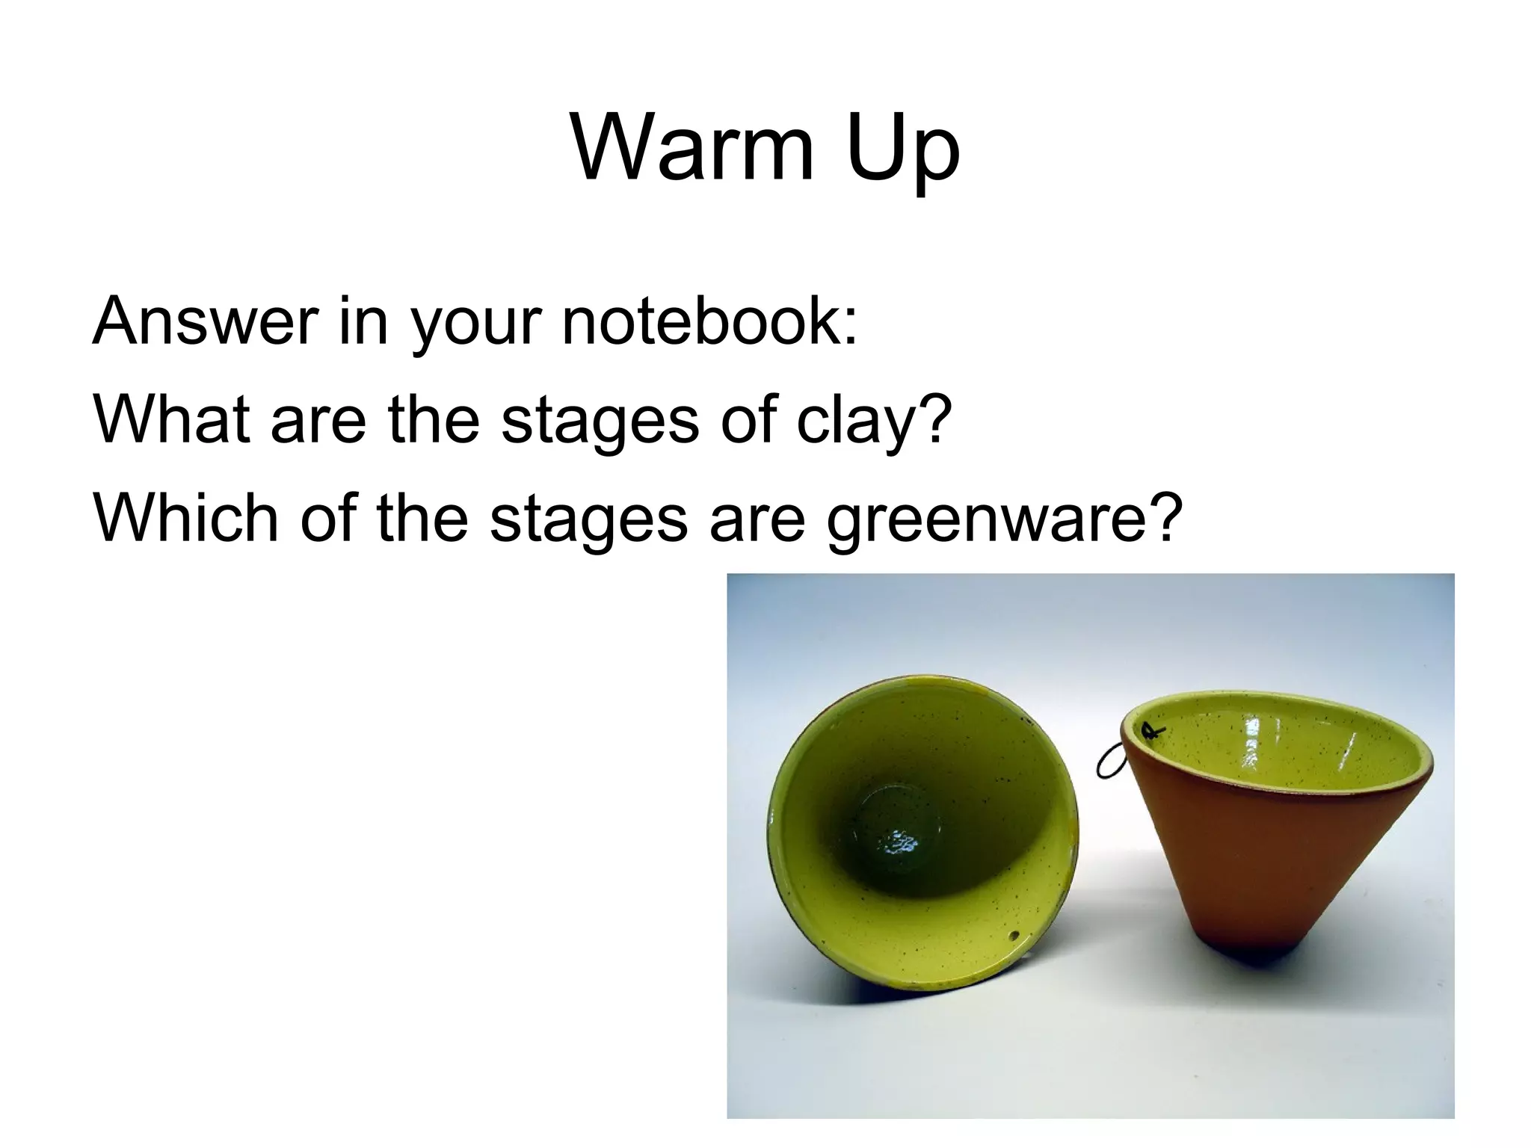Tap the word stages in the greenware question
pos(588,519)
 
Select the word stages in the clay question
pos(600,420)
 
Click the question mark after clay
pos(934,419)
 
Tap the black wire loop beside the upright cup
pos(1109,762)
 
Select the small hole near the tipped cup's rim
pos(1014,936)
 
